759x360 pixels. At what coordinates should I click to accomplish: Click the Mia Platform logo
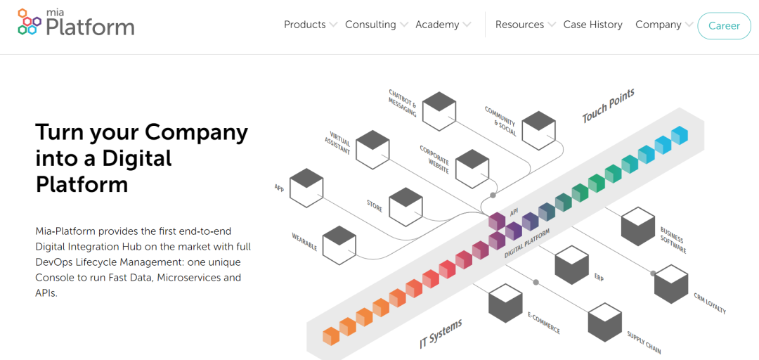tap(75, 22)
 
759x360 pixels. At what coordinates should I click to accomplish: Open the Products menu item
tap(304, 25)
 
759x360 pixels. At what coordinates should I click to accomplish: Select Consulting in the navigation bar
tap(370, 25)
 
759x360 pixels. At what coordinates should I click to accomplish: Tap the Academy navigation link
tap(437, 25)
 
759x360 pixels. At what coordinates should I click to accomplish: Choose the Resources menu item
tap(519, 25)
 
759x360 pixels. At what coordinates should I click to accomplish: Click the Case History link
tap(592, 25)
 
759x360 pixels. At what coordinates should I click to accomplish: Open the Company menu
tap(658, 25)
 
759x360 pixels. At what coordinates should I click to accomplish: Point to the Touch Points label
tap(608, 105)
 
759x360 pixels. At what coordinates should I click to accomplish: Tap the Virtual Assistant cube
tap(372, 148)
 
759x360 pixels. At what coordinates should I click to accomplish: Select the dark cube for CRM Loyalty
tap(672, 284)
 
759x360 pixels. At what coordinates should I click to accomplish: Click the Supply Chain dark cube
tap(605, 321)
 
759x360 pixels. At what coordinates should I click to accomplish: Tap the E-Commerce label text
tap(544, 323)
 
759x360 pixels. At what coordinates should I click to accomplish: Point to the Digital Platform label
tap(527, 243)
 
